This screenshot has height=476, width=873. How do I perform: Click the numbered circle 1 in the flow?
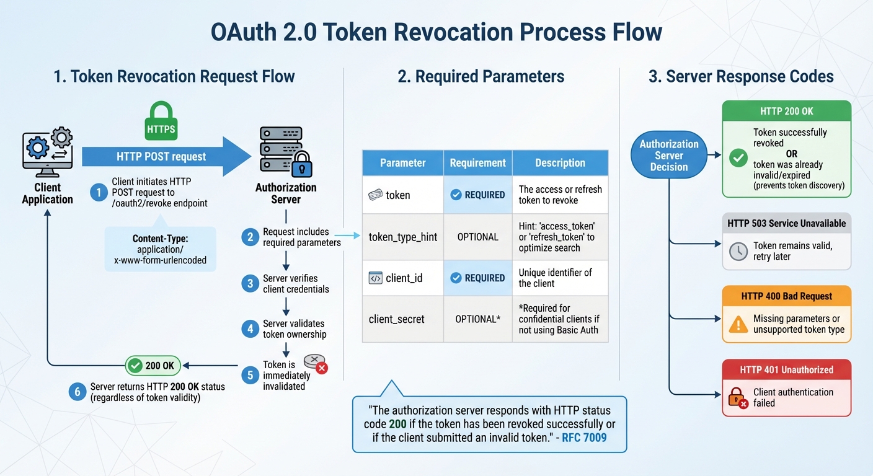coord(98,193)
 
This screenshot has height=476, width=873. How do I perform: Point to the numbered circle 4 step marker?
coord(250,329)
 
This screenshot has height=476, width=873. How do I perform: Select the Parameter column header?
coord(402,163)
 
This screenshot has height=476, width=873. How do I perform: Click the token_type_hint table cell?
coord(402,237)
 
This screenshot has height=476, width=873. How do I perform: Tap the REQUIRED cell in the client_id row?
coord(477,278)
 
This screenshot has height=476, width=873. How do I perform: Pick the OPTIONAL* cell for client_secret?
coord(477,319)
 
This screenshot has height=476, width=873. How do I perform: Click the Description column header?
coord(560,163)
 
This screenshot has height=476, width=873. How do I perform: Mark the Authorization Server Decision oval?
coord(669,155)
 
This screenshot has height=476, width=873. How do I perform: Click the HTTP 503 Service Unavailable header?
coord(786,223)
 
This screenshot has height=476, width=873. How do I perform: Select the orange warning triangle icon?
coord(738,324)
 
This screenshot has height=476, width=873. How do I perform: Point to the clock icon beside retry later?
coord(738,251)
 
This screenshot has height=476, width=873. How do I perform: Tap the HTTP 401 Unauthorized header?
coord(786,369)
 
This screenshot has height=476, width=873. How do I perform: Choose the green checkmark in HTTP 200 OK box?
coord(738,158)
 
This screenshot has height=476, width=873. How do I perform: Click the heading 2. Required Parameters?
coord(481,77)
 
